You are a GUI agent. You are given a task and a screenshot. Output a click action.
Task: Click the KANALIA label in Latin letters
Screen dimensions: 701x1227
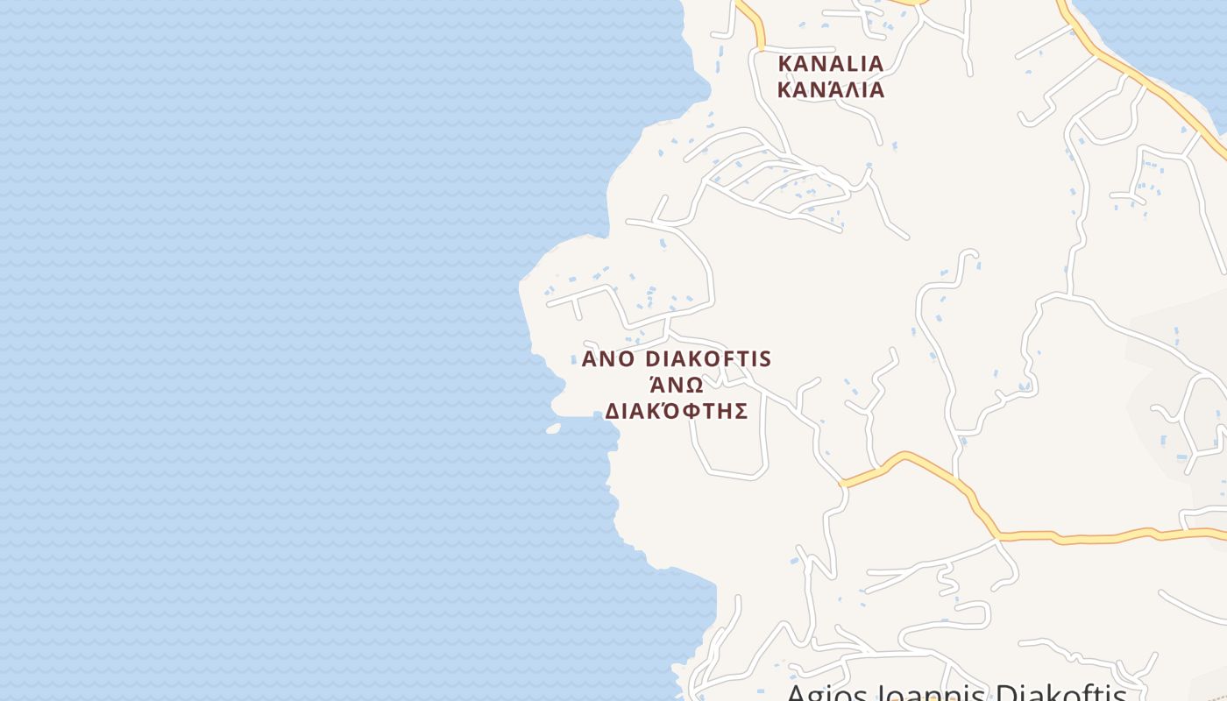click(x=831, y=64)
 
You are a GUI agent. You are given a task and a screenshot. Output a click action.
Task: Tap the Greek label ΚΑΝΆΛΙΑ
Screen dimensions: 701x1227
click(x=831, y=89)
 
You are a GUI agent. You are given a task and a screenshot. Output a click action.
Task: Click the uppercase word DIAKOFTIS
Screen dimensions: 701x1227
click(x=708, y=359)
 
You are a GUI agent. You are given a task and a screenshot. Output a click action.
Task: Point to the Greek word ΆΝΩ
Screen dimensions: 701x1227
click(x=676, y=385)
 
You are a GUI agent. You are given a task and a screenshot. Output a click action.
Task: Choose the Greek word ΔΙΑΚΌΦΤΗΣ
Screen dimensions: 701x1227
click(x=676, y=411)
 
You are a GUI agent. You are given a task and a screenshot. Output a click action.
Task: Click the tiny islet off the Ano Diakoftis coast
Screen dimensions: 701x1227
click(x=553, y=428)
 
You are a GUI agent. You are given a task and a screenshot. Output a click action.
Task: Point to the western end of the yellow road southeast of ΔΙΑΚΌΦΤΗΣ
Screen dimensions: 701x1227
click(x=844, y=483)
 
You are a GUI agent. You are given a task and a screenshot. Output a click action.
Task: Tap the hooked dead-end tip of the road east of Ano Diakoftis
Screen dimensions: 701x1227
click(x=972, y=254)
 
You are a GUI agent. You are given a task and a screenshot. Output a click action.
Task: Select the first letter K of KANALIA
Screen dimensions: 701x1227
click(x=785, y=64)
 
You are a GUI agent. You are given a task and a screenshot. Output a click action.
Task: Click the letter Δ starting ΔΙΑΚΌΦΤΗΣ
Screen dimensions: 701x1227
click(x=612, y=411)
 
